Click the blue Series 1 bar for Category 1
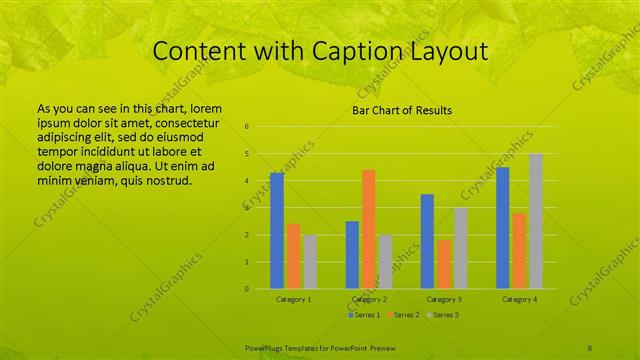[277, 230]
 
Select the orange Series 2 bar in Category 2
[368, 229]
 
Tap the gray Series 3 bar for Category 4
[536, 221]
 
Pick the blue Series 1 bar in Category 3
[427, 241]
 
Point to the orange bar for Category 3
[443, 264]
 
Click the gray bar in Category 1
[309, 262]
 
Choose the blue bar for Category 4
[503, 228]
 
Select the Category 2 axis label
[369, 299]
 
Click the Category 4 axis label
[519, 299]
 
